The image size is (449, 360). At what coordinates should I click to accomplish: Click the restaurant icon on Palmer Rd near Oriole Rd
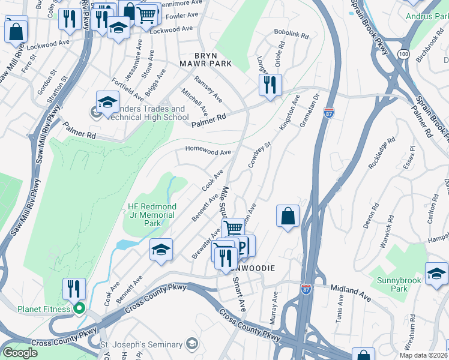click(x=270, y=85)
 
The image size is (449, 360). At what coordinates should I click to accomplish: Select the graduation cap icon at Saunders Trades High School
click(x=107, y=102)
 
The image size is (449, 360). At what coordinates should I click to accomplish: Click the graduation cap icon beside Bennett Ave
click(x=161, y=250)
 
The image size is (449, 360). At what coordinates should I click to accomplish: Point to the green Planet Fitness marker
click(x=79, y=309)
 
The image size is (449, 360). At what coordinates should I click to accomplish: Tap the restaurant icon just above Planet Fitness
click(x=74, y=289)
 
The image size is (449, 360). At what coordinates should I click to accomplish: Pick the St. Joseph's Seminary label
click(x=141, y=344)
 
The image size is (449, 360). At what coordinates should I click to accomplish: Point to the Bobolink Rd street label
click(x=291, y=36)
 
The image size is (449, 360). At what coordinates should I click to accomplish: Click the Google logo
click(x=20, y=353)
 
